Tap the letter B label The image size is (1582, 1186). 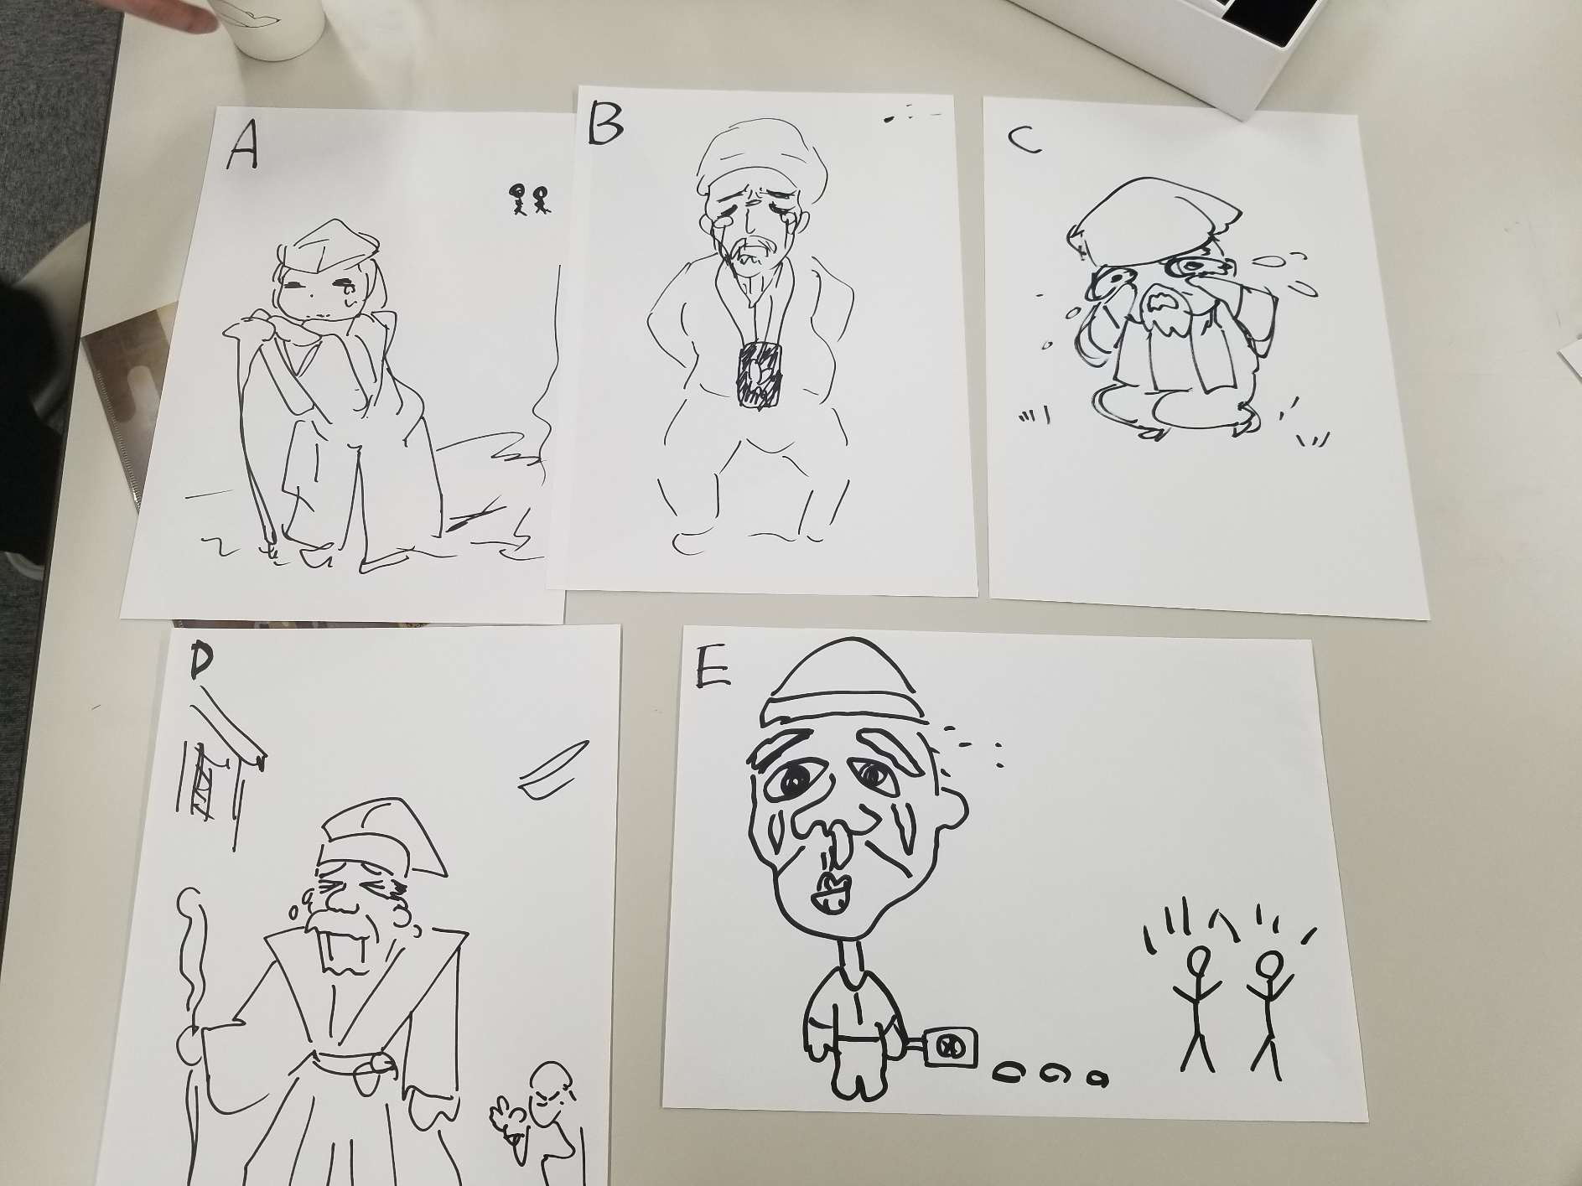click(604, 122)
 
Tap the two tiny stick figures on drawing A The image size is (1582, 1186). click(529, 200)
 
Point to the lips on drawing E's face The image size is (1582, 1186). click(828, 893)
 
